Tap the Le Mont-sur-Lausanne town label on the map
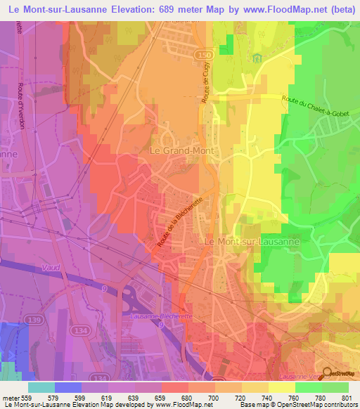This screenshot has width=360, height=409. pos(251,241)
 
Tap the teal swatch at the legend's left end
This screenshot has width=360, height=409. pos(41,387)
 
